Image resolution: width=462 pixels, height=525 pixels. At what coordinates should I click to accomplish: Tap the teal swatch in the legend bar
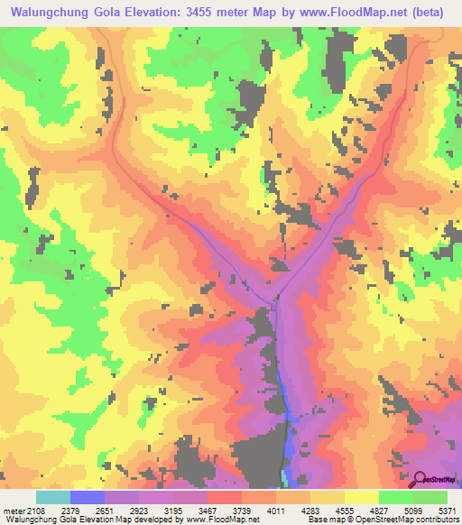[x=53, y=497]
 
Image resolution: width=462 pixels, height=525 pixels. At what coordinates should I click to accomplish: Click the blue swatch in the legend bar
[x=88, y=497]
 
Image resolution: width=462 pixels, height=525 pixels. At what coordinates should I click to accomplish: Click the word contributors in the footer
[x=435, y=520]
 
